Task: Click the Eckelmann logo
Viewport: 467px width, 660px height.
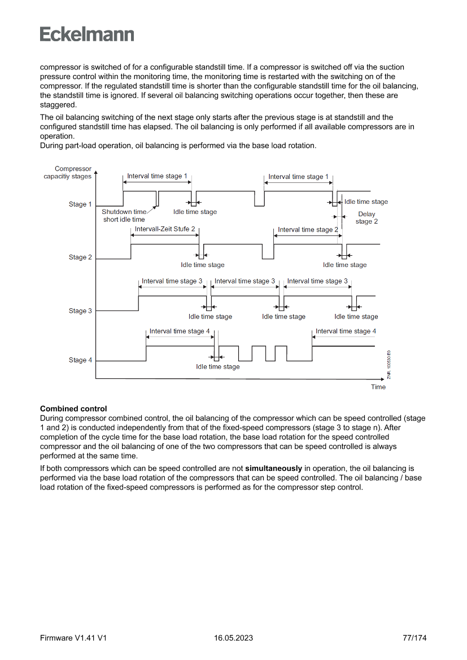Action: pyautogui.click(x=87, y=34)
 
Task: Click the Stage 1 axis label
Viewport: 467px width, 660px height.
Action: pyautogui.click(x=80, y=204)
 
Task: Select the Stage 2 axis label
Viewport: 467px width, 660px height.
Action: pyautogui.click(x=80, y=257)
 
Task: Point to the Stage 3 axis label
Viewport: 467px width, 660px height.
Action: pyautogui.click(x=80, y=311)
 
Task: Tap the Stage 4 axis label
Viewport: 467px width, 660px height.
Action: pyautogui.click(x=80, y=360)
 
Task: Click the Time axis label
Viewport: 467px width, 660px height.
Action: pyautogui.click(x=378, y=387)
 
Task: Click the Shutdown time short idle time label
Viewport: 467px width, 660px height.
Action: pyautogui.click(x=124, y=216)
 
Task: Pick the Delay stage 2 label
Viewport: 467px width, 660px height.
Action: pyautogui.click(x=366, y=218)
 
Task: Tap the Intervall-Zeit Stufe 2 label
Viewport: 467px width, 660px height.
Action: pyautogui.click(x=165, y=229)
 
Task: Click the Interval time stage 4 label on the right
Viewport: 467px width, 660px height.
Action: pyautogui.click(x=346, y=331)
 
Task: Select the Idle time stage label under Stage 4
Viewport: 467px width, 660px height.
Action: pyautogui.click(x=217, y=367)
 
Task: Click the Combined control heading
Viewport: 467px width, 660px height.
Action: pyautogui.click(x=73, y=409)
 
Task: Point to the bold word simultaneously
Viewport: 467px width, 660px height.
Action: pyautogui.click(x=274, y=469)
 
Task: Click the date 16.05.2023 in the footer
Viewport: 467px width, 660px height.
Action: pyautogui.click(x=233, y=638)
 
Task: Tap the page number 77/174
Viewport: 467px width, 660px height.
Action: pyautogui.click(x=414, y=638)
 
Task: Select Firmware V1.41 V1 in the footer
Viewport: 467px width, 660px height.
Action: pyautogui.click(x=73, y=638)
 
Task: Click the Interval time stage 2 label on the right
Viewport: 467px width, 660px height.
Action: pyautogui.click(x=308, y=230)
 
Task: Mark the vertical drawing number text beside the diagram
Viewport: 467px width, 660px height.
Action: pyautogui.click(x=389, y=365)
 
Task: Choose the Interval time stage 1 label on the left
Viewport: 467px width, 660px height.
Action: pyautogui.click(x=157, y=176)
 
